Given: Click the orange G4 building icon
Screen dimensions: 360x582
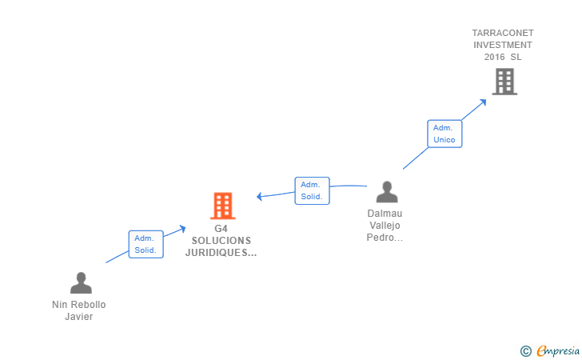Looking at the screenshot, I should (x=223, y=206).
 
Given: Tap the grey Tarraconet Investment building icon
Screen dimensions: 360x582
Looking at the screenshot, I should (x=504, y=82).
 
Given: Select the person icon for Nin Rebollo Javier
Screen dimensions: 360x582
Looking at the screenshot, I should (x=81, y=283).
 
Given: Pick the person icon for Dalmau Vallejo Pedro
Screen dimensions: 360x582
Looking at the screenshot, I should (x=387, y=192).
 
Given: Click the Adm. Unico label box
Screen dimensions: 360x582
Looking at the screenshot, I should (x=444, y=134).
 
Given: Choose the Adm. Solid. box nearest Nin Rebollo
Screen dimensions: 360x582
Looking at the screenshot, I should (x=145, y=244).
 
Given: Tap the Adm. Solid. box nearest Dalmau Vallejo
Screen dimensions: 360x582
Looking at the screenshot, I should (x=312, y=190).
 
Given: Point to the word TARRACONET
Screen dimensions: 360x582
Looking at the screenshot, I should (x=503, y=33).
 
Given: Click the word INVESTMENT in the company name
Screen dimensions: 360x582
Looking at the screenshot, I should (x=503, y=45).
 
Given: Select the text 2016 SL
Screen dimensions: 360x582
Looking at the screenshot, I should (x=503, y=57).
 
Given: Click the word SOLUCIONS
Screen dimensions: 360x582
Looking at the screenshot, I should (x=221, y=241).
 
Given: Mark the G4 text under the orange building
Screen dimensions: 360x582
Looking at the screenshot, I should (x=221, y=229).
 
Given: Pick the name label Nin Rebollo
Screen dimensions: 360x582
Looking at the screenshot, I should (x=78, y=305).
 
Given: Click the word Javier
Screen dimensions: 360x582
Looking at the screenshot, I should (x=79, y=316).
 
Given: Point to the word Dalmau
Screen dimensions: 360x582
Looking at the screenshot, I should (x=385, y=214).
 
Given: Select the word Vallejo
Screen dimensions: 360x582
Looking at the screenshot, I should (x=385, y=226).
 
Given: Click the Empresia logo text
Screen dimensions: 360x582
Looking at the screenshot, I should (x=556, y=350).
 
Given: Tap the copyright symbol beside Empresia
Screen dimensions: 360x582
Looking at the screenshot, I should (x=525, y=350).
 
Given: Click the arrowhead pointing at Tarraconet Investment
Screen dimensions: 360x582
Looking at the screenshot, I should (x=483, y=102).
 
